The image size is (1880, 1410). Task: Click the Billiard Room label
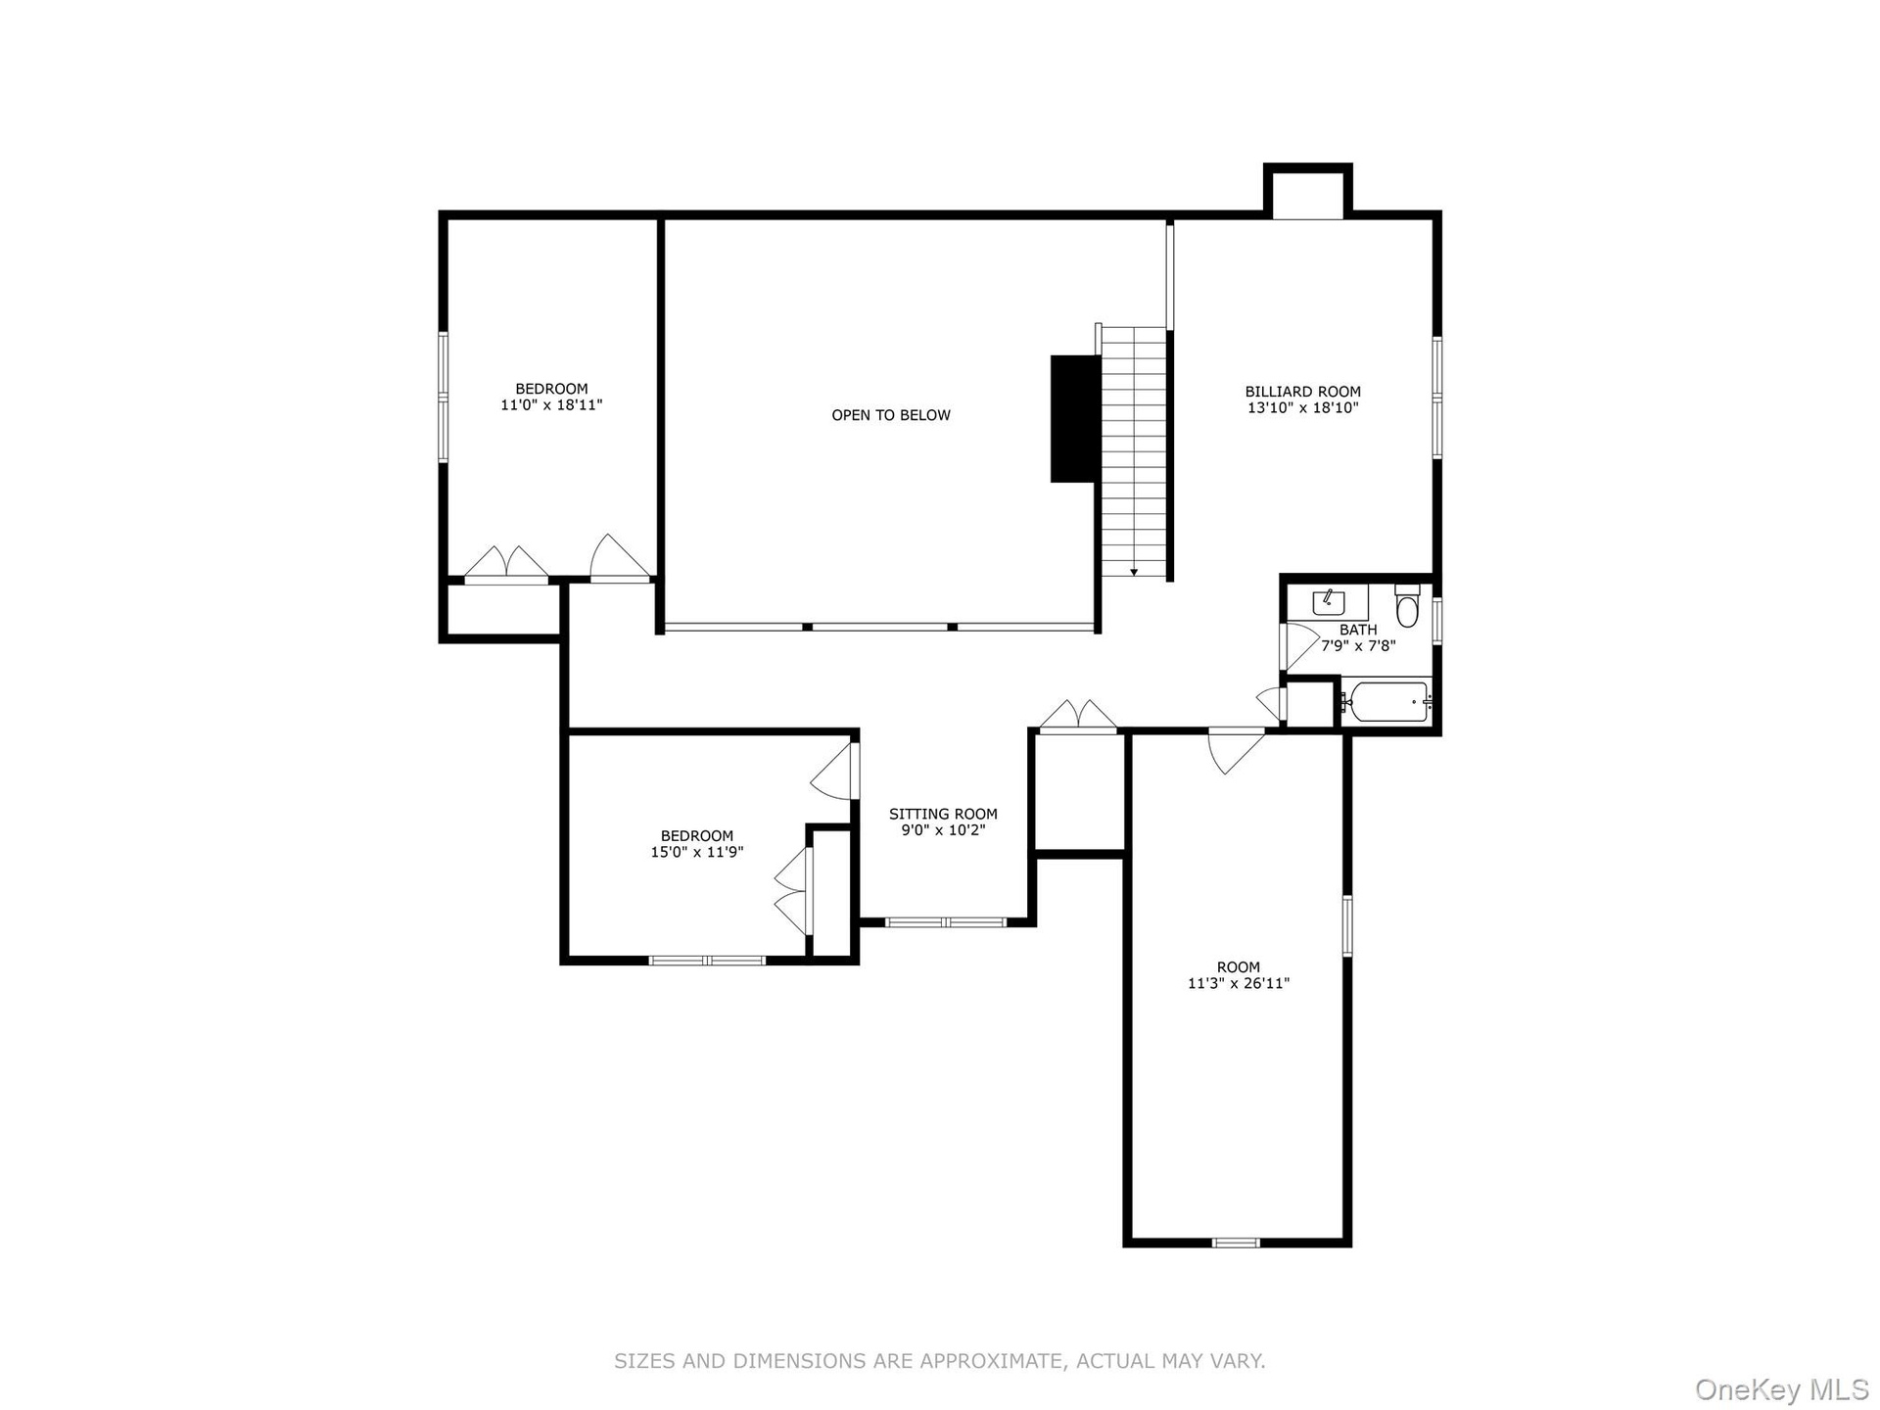[1302, 392]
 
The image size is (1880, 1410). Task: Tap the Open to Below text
[891, 415]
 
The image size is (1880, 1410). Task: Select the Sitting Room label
[943, 814]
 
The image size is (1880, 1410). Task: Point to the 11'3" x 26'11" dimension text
[1239, 983]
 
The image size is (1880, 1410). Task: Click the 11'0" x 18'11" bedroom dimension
[551, 404]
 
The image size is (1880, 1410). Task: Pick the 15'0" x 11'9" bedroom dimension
[697, 852]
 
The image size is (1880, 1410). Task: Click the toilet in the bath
[1407, 605]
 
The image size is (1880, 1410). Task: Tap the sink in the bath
[1329, 600]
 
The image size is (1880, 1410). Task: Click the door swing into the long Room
[1236, 750]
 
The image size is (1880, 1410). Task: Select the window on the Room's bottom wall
[1236, 1243]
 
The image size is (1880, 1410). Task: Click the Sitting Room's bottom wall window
[946, 921]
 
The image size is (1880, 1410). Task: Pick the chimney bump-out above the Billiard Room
[1308, 191]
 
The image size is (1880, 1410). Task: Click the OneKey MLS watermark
[1782, 1388]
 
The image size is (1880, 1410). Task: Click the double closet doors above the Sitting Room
[1078, 716]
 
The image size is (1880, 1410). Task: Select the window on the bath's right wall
[1436, 620]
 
